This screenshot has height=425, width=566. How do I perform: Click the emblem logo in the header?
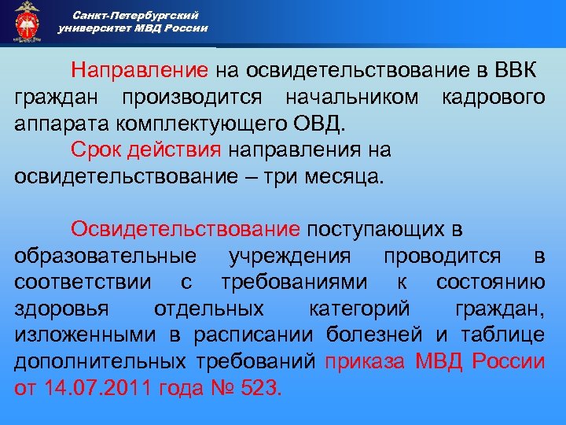click(x=27, y=21)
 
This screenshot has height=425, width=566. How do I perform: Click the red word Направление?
click(x=140, y=71)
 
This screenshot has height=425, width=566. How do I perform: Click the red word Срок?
click(x=94, y=149)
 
